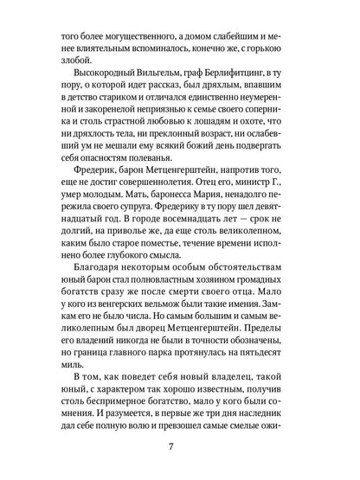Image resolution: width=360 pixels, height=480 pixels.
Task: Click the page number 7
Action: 180,450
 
